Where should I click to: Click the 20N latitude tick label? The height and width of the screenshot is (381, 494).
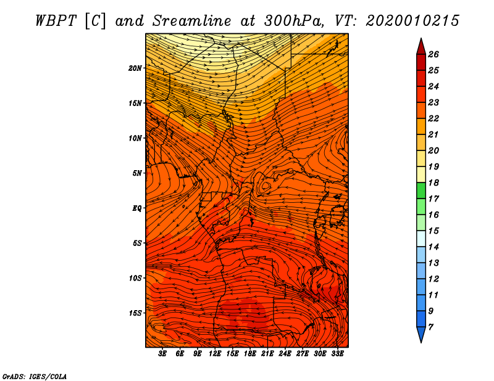[135, 68]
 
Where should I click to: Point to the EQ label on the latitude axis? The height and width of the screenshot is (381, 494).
[137, 208]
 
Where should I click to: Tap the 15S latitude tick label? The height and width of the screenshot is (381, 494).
[135, 313]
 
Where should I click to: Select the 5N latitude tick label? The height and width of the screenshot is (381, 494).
[137, 173]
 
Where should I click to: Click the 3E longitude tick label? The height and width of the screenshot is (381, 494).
[162, 354]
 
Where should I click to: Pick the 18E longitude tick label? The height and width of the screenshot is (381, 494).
[250, 354]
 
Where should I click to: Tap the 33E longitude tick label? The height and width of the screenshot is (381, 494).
[337, 354]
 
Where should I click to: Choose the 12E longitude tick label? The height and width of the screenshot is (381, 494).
[215, 354]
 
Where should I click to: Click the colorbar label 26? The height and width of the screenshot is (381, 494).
[433, 54]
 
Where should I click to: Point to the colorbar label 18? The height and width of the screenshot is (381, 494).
[433, 182]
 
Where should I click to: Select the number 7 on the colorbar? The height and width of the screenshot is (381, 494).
[430, 327]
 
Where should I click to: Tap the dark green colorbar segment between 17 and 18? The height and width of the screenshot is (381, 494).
[421, 190]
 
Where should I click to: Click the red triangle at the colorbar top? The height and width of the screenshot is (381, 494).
[421, 47]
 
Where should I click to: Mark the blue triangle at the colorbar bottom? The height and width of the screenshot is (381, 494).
[421, 334]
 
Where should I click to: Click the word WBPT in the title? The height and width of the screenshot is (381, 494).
[56, 21]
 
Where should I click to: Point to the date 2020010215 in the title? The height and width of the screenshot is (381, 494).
[412, 21]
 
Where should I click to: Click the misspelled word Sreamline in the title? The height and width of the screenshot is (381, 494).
[192, 21]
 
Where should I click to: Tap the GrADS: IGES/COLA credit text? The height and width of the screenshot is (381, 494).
[35, 377]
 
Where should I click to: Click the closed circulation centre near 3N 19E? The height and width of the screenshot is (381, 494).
[266, 186]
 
